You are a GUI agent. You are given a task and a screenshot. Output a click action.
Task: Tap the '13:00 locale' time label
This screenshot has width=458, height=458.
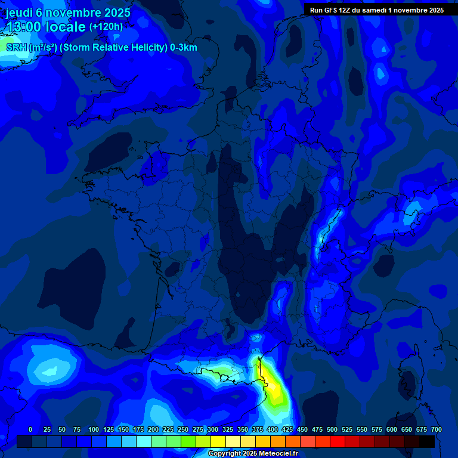click(x=46, y=26)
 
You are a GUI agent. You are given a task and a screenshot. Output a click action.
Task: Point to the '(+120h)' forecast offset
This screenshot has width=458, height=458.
click(x=106, y=26)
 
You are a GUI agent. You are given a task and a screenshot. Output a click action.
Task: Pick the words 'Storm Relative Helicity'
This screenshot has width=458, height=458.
click(x=113, y=48)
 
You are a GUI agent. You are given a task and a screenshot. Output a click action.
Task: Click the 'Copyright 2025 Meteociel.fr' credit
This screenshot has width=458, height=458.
click(x=253, y=454)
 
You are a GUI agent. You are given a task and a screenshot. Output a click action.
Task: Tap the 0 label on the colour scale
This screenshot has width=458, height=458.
click(x=30, y=429)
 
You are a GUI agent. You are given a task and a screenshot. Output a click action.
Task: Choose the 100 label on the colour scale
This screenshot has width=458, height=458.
click(x=94, y=429)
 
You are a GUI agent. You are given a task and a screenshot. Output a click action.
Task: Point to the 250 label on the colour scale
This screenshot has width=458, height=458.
click(x=183, y=429)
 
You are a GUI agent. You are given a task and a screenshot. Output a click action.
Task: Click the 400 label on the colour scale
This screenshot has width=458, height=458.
click(x=273, y=429)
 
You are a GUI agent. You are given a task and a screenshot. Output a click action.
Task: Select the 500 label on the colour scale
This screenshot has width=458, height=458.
click(x=332, y=429)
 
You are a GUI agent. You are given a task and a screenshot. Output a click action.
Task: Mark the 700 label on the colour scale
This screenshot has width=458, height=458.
click(x=437, y=429)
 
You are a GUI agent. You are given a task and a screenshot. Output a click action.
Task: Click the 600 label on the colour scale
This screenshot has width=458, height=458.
click(x=392, y=429)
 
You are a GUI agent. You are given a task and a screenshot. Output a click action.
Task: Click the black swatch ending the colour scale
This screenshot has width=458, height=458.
click(x=427, y=441)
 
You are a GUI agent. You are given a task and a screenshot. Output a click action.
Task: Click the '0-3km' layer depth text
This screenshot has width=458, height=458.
click(x=184, y=48)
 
